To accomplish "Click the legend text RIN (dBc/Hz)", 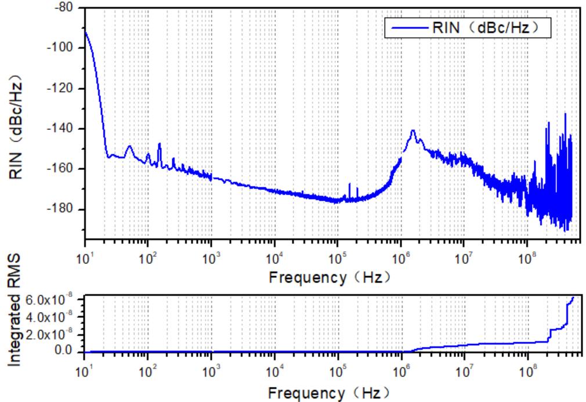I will point(488,27).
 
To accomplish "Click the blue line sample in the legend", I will point(410,27).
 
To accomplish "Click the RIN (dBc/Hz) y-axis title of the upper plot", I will point(18,122).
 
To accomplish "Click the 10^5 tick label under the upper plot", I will point(338,257).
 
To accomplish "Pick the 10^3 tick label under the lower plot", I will point(211,372).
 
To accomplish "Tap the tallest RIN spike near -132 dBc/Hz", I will point(565,114).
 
